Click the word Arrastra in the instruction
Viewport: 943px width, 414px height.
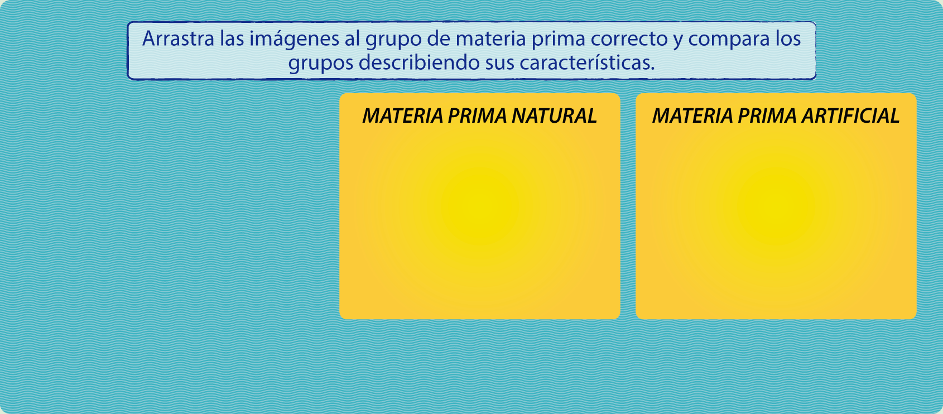point(179,38)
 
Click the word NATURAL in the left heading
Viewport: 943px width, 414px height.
point(555,116)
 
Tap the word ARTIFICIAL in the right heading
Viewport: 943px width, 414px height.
point(850,116)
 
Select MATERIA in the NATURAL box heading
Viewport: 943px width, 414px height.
point(403,116)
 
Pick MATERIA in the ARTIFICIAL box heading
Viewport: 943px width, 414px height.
point(692,116)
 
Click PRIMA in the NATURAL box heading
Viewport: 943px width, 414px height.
point(477,116)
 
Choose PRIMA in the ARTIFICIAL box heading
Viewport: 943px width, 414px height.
point(767,116)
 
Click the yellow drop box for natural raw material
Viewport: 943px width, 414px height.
point(479,206)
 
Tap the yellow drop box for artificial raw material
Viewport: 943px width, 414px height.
point(776,206)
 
